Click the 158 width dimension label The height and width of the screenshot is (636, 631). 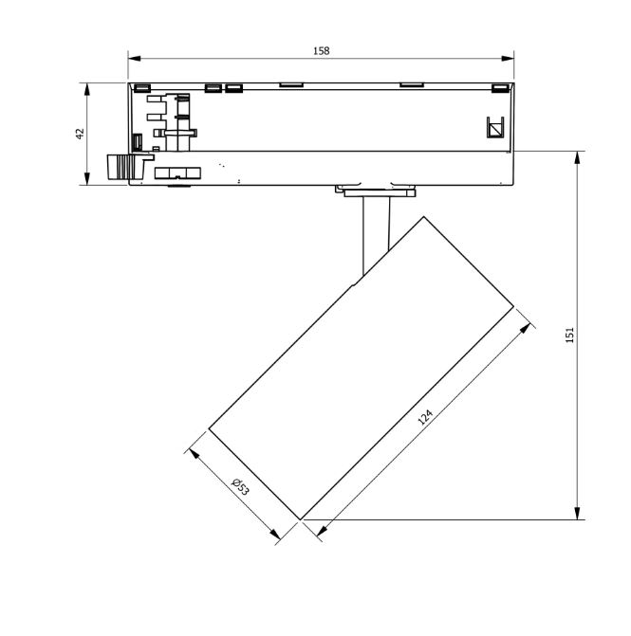pos(321,50)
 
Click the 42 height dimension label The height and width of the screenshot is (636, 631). pos(80,134)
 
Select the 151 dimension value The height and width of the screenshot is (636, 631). pos(569,335)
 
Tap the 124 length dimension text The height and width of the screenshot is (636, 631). pos(425,417)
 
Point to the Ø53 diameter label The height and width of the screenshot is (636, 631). pos(240,487)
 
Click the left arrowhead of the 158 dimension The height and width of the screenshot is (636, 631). pos(135,59)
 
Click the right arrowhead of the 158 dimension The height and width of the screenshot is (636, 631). pos(508,59)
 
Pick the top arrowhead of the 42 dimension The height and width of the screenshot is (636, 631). pos(86,90)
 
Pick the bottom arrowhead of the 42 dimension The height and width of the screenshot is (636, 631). pos(86,178)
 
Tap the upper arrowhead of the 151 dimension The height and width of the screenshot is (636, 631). pos(577,157)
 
